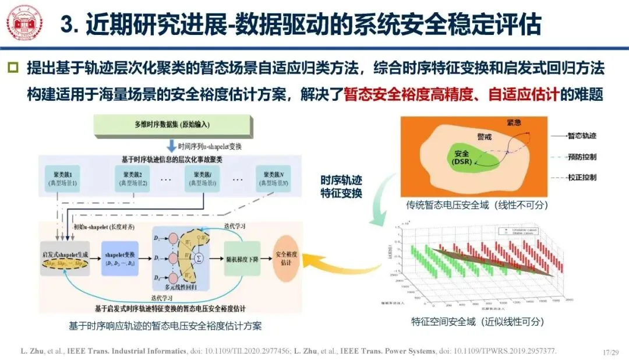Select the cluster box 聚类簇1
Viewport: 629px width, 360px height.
(63, 179)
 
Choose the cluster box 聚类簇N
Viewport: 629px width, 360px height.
(273, 179)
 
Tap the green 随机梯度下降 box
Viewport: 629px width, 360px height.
(241, 257)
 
